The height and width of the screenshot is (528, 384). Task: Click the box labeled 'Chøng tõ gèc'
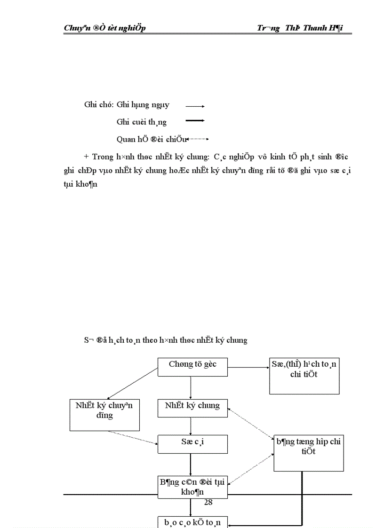[192, 367]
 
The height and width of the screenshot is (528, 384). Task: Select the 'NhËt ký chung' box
[192, 408]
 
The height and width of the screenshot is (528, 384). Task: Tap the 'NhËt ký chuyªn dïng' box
[104, 415]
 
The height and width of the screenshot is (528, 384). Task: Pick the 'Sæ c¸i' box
[192, 444]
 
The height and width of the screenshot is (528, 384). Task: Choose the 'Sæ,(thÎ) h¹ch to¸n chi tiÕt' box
[304, 376]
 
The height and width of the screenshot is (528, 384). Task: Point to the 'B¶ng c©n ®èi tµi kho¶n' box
[192, 487]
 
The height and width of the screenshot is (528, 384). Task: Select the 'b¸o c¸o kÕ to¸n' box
[192, 522]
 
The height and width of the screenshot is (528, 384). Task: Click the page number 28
[208, 503]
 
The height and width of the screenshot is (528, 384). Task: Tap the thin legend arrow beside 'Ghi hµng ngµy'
[195, 106]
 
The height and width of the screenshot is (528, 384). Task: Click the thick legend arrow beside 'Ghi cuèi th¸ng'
[195, 121]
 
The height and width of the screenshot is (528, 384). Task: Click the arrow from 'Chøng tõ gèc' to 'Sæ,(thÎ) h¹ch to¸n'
[248, 367]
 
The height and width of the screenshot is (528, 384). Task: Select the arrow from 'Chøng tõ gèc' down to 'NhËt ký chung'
[191, 387]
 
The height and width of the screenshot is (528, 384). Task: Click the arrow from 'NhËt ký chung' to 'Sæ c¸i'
[191, 426]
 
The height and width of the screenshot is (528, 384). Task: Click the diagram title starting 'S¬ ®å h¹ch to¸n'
[165, 340]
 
